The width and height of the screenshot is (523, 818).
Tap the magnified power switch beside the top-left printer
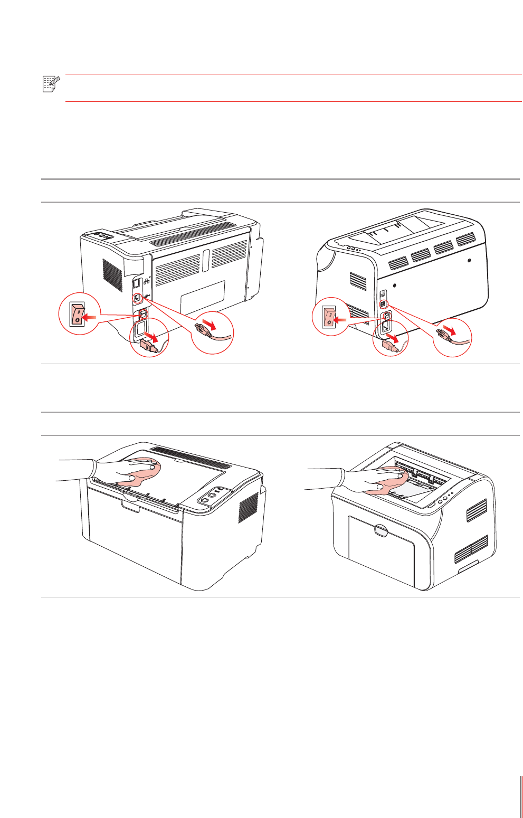[x=78, y=313]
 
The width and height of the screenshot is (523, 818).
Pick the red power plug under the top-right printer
[x=391, y=346]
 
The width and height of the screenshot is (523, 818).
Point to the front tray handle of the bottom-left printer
[x=131, y=506]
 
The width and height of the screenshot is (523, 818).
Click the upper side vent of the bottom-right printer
[x=477, y=510]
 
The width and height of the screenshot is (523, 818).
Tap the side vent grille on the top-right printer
[x=358, y=281]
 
